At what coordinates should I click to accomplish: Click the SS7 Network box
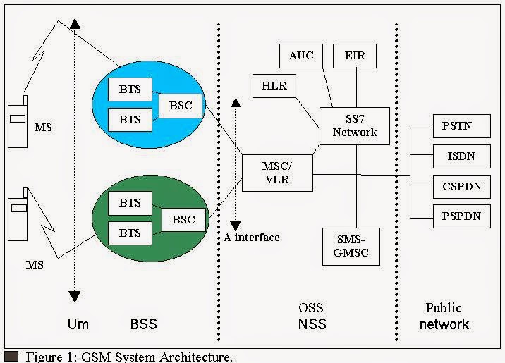pos(355,126)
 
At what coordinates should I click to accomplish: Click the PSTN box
pos(456,127)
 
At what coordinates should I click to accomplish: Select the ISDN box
pos(456,156)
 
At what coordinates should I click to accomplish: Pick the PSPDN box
pos(456,216)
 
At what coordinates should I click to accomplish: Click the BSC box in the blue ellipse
pos(181,106)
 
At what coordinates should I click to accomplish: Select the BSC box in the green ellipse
pos(183,219)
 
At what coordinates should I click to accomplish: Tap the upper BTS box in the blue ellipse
pos(130,90)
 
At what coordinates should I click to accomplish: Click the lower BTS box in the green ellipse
pos(130,232)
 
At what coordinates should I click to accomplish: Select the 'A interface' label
pos(251,237)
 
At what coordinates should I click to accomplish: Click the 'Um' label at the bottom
pos(78,324)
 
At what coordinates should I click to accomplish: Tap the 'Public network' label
pos(444,316)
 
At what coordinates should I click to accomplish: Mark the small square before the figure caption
pos(11,357)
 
